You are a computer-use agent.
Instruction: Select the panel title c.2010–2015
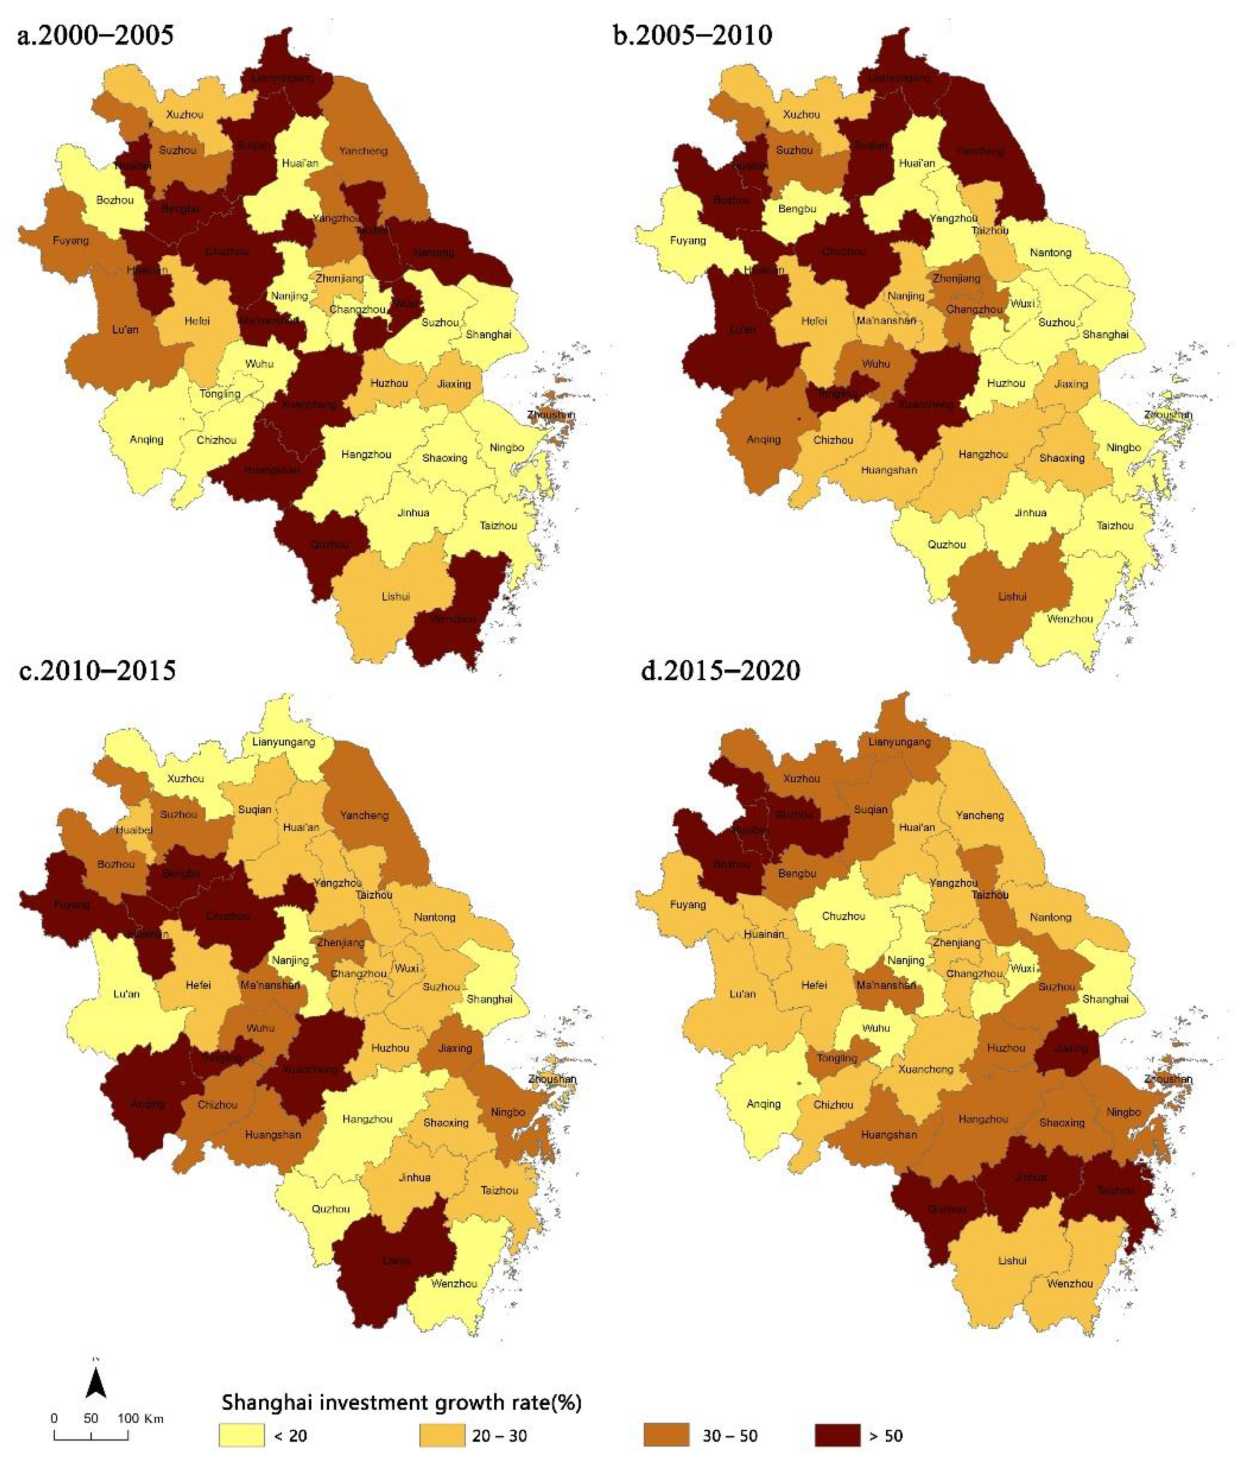coord(97,670)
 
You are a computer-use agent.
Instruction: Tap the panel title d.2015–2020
coord(720,670)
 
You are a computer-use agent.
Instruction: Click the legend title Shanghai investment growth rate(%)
coord(401,1402)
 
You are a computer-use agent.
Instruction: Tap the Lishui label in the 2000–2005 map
coord(396,597)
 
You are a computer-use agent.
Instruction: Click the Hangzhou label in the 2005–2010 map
coord(983,455)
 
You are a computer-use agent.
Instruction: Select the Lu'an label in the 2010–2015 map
coord(127,994)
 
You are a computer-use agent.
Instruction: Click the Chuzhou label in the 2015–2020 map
coord(843,916)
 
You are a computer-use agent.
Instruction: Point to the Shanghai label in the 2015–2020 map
coord(1105,999)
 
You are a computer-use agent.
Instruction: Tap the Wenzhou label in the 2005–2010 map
coord(1070,619)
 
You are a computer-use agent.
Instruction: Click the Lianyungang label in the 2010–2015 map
coord(283,742)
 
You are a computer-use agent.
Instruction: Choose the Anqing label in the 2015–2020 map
coord(763,1104)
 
